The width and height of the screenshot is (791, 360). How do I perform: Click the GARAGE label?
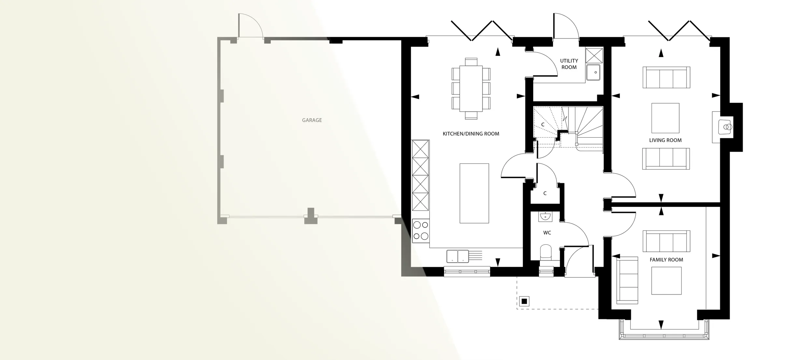pyautogui.click(x=312, y=120)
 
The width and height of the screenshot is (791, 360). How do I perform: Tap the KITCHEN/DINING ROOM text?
pyautogui.click(x=471, y=134)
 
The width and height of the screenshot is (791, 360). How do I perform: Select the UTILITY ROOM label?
pyautogui.click(x=569, y=64)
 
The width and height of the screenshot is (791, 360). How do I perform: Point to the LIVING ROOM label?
pyautogui.click(x=665, y=140)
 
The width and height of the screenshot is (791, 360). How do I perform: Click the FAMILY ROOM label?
pyautogui.click(x=666, y=260)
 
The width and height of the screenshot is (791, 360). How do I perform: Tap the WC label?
pyautogui.click(x=547, y=233)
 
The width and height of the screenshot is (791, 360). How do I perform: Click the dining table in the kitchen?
pyautogui.click(x=471, y=89)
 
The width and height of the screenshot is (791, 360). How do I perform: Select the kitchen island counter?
pyautogui.click(x=474, y=193)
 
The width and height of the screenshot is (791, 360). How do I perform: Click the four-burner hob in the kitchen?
pyautogui.click(x=421, y=231)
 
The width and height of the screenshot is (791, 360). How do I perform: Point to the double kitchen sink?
pyautogui.click(x=458, y=256)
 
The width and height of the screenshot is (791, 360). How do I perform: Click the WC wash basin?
pyautogui.click(x=545, y=216)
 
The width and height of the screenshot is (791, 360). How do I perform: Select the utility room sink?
pyautogui.click(x=593, y=72)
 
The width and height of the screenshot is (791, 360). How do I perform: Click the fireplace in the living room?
pyautogui.click(x=726, y=127)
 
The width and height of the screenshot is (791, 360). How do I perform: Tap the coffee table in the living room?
pyautogui.click(x=665, y=118)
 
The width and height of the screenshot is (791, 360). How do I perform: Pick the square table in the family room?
pyautogui.click(x=666, y=281)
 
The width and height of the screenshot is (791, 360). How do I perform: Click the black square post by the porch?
pyautogui.click(x=524, y=301)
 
